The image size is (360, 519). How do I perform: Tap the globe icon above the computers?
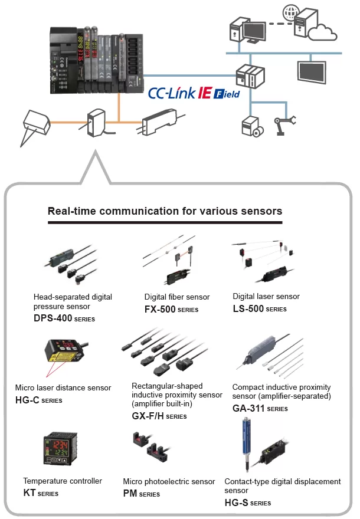click(292, 11)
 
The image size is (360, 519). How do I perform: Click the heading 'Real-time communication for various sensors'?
click(165, 211)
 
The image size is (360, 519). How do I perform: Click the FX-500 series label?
click(171, 309)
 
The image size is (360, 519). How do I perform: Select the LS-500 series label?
click(259, 308)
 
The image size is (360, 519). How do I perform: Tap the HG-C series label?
click(38, 400)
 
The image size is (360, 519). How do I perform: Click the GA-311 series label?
click(260, 408)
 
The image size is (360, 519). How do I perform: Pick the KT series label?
click(41, 492)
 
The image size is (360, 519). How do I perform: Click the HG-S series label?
click(247, 502)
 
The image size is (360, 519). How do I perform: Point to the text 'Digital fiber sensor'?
click(176, 297)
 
